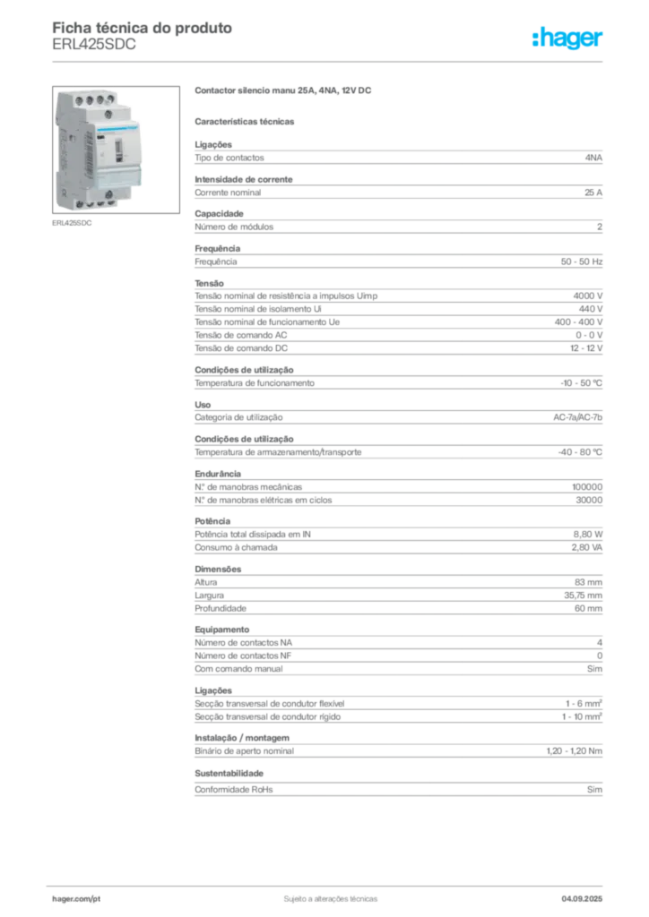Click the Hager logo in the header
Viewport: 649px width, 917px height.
(567, 38)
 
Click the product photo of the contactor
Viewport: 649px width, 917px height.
(116, 150)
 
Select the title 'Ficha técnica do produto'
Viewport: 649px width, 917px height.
(143, 28)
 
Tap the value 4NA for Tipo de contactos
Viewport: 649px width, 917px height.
(593, 158)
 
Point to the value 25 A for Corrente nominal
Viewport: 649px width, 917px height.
(593, 193)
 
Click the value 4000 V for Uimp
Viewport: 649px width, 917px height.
(587, 296)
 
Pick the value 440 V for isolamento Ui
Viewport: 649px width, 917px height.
(591, 309)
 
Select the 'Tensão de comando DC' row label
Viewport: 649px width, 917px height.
(241, 348)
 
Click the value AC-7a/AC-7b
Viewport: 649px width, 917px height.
(577, 417)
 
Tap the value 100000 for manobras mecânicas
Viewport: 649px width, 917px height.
(587, 486)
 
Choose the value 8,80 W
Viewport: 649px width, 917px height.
(587, 534)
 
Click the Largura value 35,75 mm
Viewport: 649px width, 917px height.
(583, 596)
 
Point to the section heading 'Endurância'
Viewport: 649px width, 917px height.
(218, 474)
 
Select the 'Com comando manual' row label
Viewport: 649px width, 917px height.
(238, 668)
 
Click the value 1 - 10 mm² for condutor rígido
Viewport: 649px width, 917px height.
(582, 716)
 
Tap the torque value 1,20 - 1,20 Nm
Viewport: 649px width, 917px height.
(574, 751)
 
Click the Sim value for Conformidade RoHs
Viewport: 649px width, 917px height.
(594, 790)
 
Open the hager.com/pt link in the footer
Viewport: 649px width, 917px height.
(76, 899)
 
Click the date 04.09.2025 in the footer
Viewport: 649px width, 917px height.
(582, 899)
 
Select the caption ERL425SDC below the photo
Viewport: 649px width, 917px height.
(72, 223)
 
